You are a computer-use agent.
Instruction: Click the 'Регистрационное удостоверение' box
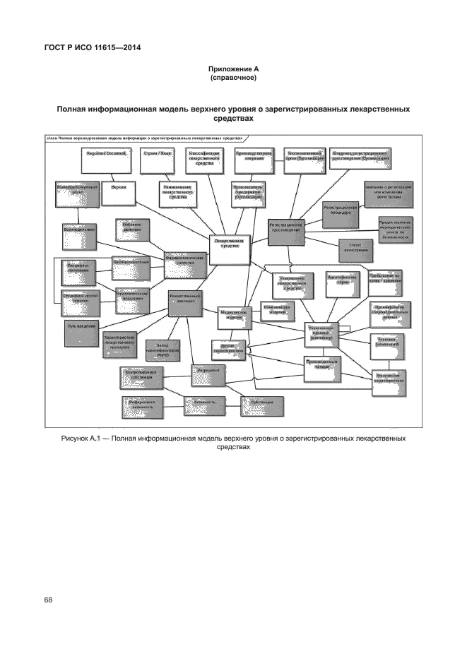pyautogui.click(x=288, y=230)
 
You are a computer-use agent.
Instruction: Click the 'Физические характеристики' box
pyautogui.click(x=389, y=377)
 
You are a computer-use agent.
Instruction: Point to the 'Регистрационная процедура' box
pyautogui.click(x=343, y=212)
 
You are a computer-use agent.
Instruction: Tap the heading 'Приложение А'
pyautogui.click(x=233, y=69)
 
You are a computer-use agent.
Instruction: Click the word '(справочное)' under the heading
pyautogui.click(x=233, y=78)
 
